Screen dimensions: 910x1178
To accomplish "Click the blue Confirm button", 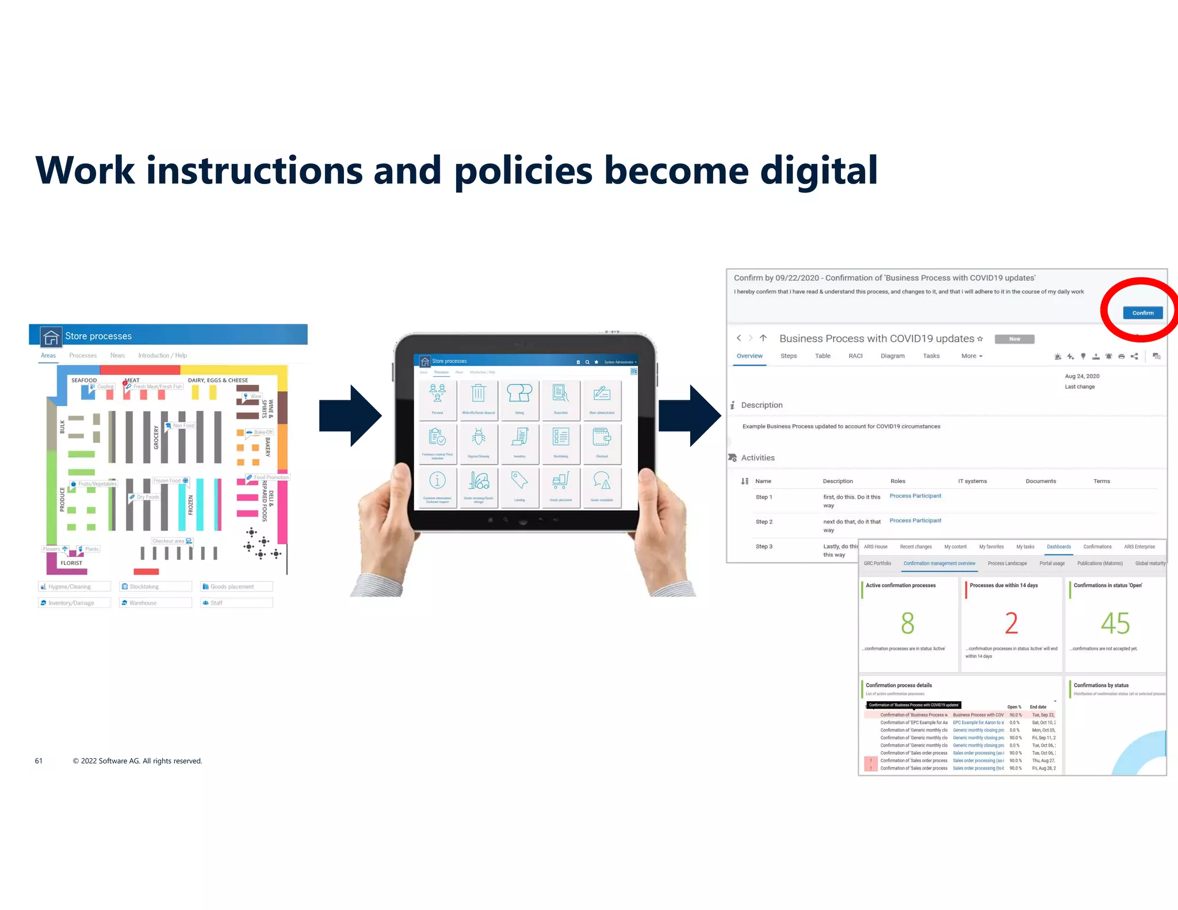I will point(1142,313).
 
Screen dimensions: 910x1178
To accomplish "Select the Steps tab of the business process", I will point(788,356).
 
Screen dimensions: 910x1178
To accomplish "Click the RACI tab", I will point(855,356).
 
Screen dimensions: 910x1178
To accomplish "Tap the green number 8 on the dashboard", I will point(907,624).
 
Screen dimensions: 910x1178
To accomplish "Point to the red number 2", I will point(1011,624).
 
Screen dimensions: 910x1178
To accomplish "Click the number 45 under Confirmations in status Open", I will point(1115,624).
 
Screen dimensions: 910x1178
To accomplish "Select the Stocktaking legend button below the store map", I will point(155,587).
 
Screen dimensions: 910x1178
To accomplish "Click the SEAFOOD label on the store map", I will point(84,380).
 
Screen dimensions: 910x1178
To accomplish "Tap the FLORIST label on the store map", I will point(71,563).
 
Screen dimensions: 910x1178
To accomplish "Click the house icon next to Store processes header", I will point(51,337).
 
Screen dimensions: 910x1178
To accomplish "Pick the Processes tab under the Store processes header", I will point(83,355).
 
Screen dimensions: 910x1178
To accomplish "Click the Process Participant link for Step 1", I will point(915,496).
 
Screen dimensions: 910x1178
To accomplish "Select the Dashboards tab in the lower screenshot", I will point(1058,547).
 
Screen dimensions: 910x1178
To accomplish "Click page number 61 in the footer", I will point(39,761).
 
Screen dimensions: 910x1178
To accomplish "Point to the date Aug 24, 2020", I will point(1081,376).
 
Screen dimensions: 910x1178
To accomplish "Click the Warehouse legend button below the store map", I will point(155,603).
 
